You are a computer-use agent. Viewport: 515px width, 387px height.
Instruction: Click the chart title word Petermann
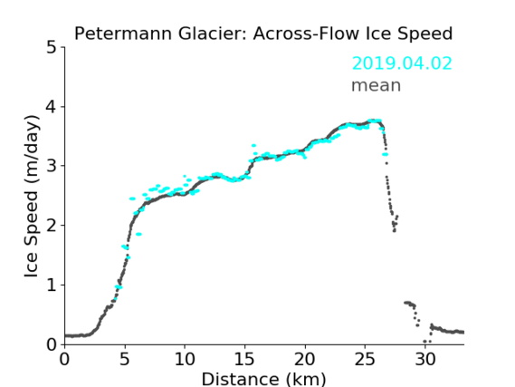click(123, 34)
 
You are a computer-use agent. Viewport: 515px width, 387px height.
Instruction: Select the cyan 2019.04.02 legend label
click(402, 63)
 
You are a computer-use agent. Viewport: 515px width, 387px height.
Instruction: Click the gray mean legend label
click(377, 85)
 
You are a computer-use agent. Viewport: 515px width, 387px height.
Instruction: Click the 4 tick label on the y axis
click(52, 107)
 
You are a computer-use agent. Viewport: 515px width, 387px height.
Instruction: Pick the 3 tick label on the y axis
click(52, 166)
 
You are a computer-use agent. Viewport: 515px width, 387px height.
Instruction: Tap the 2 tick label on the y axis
click(52, 226)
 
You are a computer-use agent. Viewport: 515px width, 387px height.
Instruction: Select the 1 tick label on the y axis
click(52, 285)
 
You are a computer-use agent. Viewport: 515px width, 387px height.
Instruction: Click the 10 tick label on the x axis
click(185, 359)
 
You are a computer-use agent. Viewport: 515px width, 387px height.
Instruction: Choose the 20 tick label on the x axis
click(305, 359)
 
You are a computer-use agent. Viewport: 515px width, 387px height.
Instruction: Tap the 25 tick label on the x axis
click(365, 359)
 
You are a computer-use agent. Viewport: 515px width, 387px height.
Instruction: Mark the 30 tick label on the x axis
click(425, 359)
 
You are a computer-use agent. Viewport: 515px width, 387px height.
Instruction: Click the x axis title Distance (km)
click(263, 379)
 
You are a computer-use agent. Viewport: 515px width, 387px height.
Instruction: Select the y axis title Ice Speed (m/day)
click(32, 196)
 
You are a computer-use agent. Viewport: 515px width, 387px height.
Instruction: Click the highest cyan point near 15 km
click(253, 145)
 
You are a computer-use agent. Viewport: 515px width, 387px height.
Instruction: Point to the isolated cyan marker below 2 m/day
click(138, 234)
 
